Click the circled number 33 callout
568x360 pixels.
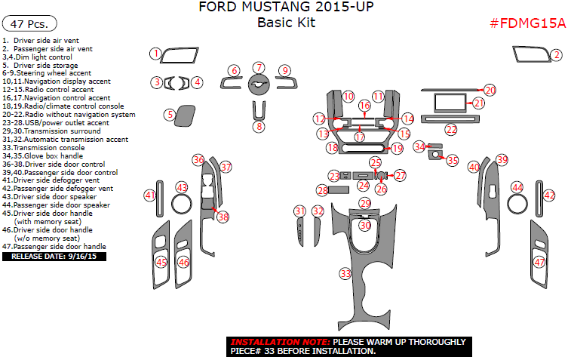[345, 273]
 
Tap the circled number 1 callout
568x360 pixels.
[155, 54]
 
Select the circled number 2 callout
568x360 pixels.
[556, 55]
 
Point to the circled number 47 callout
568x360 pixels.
[539, 262]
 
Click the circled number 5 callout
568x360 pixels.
[170, 115]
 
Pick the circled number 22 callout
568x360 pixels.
[451, 130]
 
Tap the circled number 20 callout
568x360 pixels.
[490, 90]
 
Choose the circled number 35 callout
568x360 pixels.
[452, 160]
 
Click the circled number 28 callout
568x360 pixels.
[322, 190]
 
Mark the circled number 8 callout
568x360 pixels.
[259, 127]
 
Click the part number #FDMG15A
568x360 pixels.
[527, 23]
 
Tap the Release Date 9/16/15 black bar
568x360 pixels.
[54, 257]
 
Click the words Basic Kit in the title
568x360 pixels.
[286, 22]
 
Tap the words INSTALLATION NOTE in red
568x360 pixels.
[267, 342]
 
